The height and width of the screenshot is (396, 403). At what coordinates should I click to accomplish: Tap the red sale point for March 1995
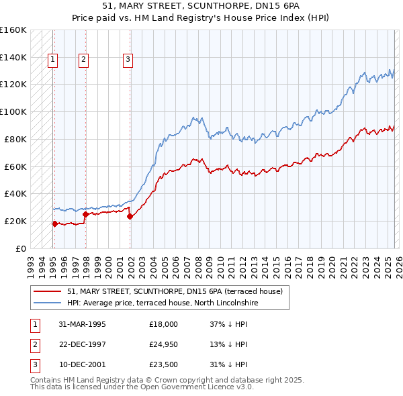click(x=54, y=224)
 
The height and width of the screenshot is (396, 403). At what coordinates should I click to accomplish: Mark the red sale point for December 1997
click(x=85, y=214)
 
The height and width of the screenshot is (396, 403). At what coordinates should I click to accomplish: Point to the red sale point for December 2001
click(x=130, y=216)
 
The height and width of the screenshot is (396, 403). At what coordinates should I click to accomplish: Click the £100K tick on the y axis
click(x=13, y=111)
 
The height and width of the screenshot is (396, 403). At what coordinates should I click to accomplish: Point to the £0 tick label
click(x=20, y=248)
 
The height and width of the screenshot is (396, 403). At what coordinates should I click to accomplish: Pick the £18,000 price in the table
click(x=164, y=324)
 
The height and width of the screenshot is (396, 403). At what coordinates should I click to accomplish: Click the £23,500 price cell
click(x=164, y=364)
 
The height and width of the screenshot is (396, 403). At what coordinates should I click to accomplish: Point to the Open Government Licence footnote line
click(x=142, y=387)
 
